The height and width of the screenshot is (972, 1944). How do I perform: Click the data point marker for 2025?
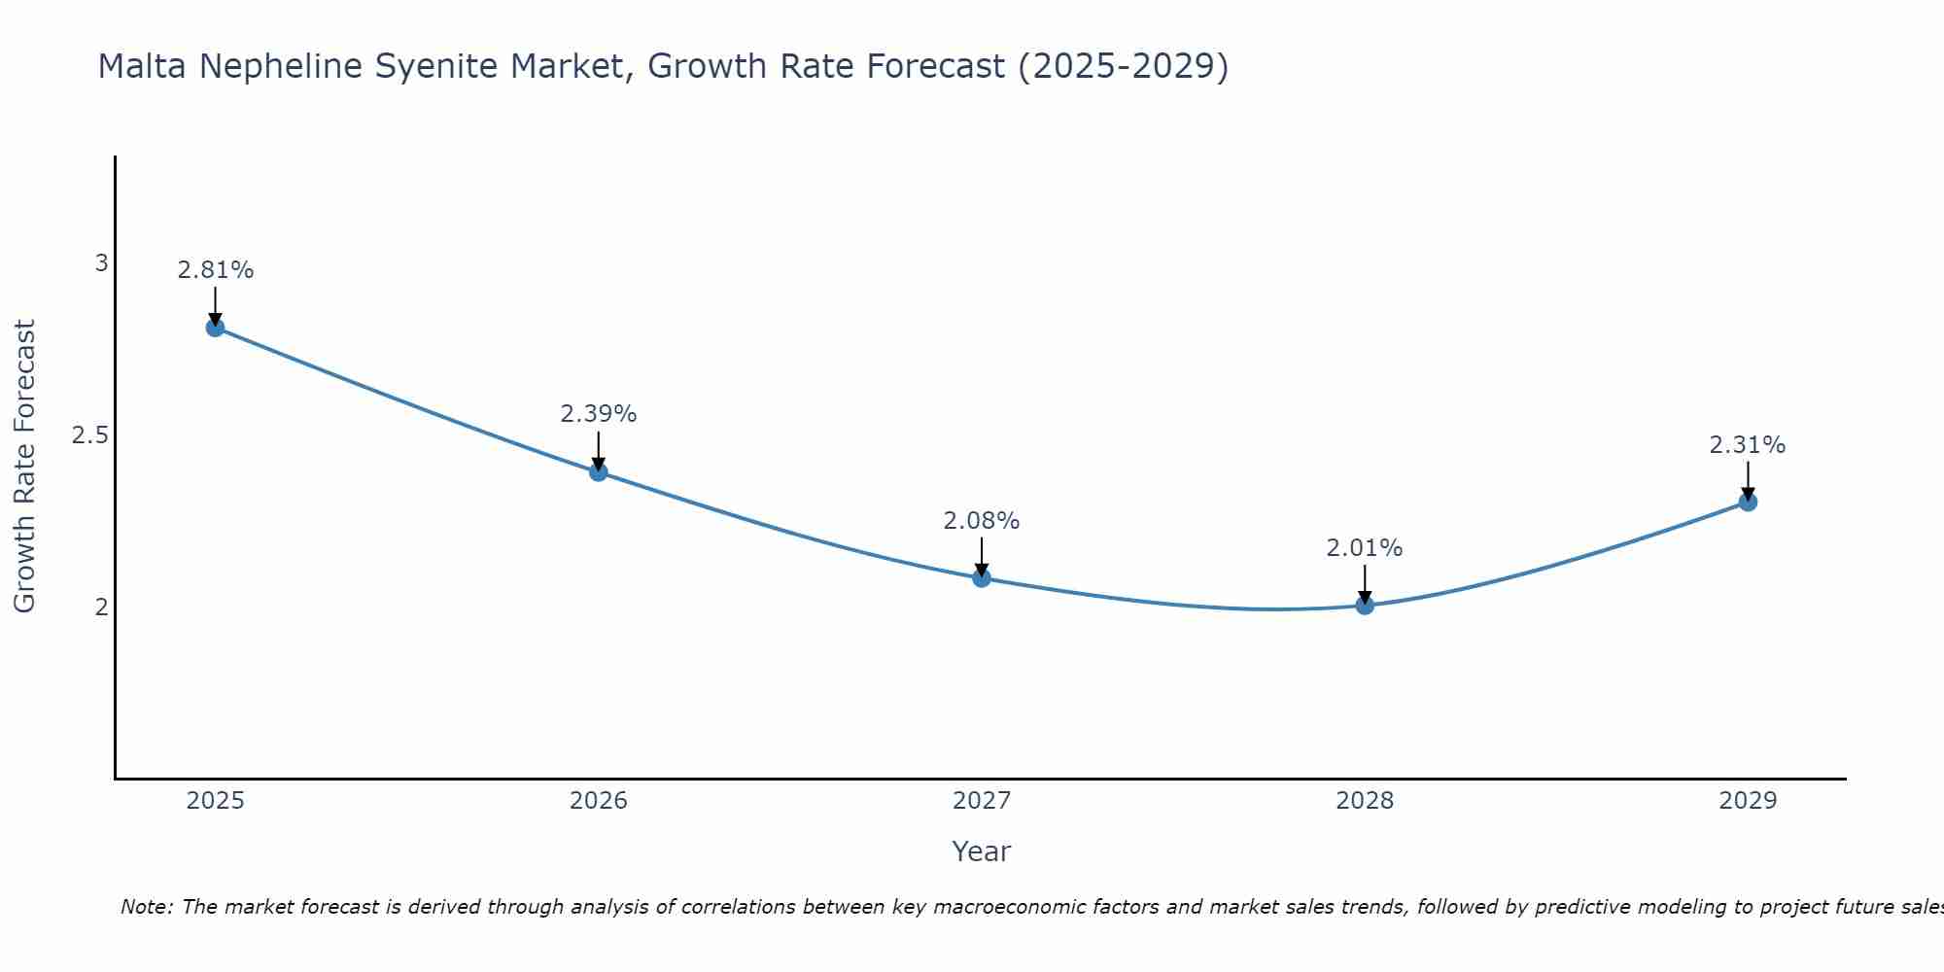pos(215,328)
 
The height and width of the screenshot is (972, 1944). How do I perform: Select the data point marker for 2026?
pos(599,472)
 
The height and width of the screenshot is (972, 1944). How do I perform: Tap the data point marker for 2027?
pos(982,578)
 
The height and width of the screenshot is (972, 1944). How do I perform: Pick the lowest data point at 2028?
pos(1365,606)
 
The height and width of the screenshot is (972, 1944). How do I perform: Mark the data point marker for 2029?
pos(1748,503)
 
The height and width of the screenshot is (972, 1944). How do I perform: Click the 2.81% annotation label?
pos(215,270)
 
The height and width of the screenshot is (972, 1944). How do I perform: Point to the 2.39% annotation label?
pos(599,414)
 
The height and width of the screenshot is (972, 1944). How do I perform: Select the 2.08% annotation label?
pos(982,521)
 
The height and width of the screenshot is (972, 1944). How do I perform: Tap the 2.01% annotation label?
pos(1365,548)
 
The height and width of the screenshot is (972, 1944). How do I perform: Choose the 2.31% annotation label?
pos(1748,445)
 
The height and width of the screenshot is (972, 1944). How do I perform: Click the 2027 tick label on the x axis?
pos(982,801)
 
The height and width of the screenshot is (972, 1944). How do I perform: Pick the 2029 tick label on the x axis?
pos(1748,801)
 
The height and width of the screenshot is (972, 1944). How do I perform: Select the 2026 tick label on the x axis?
pos(599,801)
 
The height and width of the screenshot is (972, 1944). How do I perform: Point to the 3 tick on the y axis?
pos(101,263)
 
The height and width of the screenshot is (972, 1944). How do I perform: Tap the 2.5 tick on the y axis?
pos(90,435)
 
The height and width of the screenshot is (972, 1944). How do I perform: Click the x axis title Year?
pos(982,851)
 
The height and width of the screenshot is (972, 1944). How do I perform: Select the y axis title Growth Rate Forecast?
pos(24,467)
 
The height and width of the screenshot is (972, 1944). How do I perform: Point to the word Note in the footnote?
pos(146,907)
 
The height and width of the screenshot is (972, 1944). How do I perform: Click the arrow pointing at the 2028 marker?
pos(1365,583)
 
